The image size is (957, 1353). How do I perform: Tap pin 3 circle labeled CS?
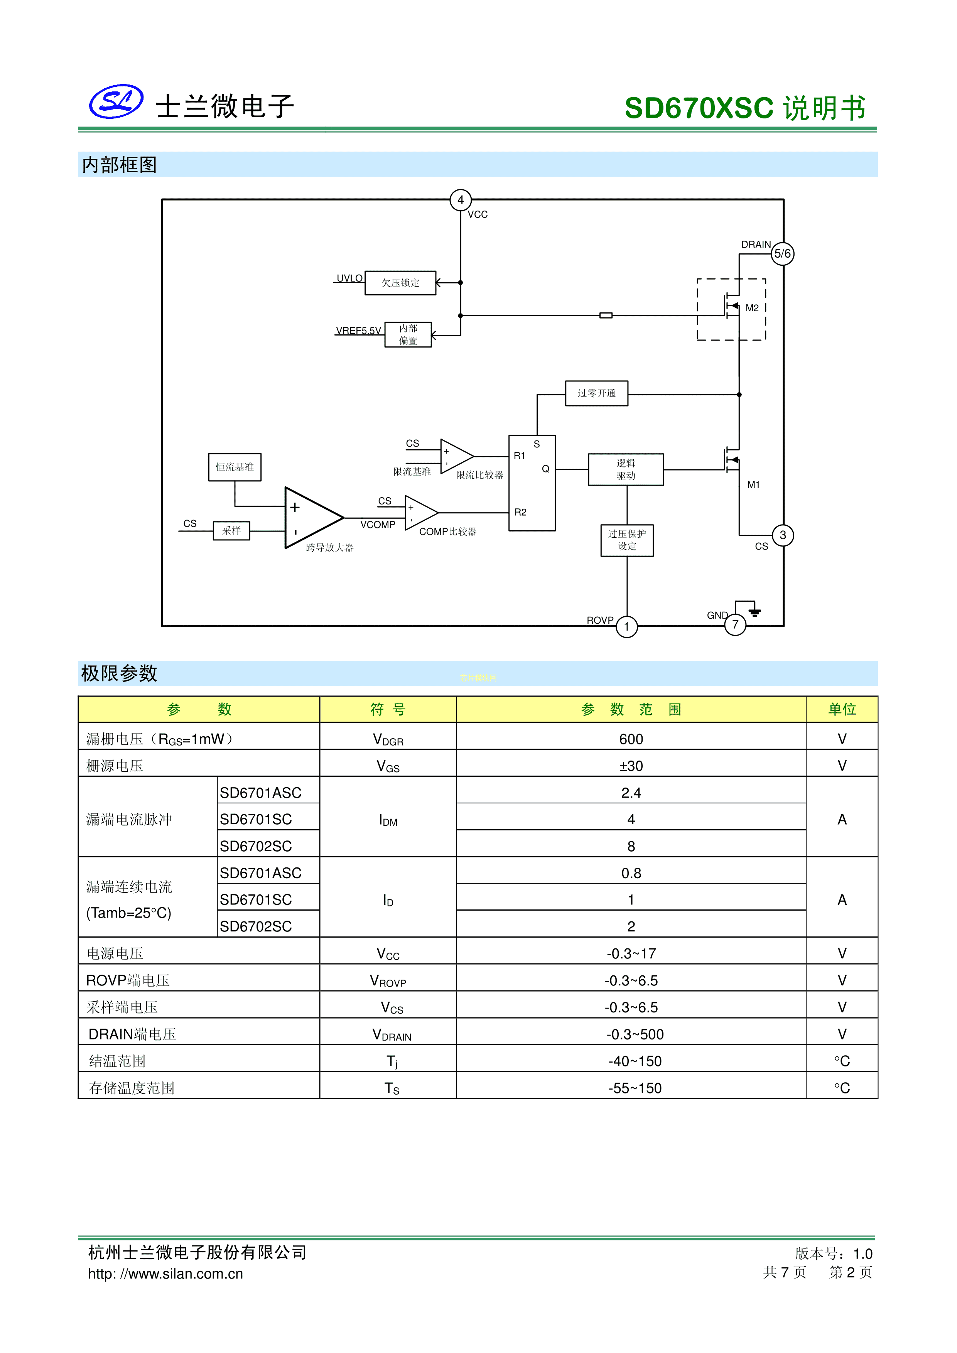783,535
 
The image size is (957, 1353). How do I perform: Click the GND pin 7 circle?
735,625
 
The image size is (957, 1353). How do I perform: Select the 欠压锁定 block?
400,283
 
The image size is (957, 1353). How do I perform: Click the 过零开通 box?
596,393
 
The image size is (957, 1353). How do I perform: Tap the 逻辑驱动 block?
626,470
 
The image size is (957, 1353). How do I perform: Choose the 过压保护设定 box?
627,540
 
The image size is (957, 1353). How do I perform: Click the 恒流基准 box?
235,467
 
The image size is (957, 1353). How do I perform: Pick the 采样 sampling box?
231,531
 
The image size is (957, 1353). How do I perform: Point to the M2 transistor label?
752,308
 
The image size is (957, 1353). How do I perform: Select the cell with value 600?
631,739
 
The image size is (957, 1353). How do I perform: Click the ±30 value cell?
631,766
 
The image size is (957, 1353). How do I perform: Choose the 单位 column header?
842,710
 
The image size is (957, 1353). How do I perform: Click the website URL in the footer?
165,1274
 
